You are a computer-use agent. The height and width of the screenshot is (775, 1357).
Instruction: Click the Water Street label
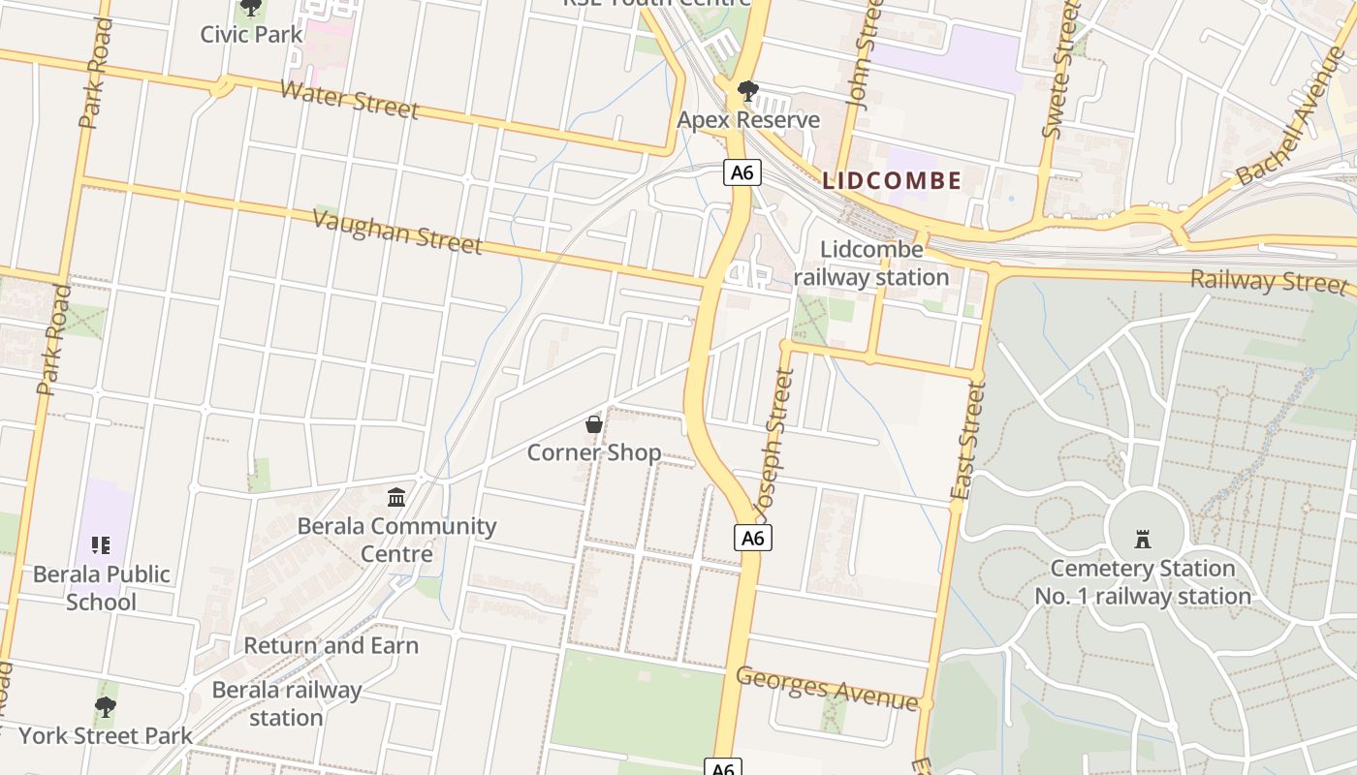(x=350, y=100)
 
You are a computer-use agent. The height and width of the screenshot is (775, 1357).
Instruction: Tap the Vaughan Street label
(x=397, y=232)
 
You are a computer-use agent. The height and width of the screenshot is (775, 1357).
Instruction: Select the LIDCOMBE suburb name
(x=892, y=180)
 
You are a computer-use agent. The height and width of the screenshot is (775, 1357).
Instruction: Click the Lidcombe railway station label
(x=871, y=263)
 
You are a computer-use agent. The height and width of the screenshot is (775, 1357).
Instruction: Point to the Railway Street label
(x=1268, y=281)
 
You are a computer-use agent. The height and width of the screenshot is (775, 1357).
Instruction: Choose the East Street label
(x=967, y=441)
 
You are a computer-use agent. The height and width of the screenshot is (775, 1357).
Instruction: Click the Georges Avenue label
(x=826, y=689)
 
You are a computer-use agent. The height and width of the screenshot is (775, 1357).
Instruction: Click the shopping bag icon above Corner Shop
(x=594, y=424)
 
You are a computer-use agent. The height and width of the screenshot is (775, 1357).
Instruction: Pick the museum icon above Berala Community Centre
(x=396, y=498)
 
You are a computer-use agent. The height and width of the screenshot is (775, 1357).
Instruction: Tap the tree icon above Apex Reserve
(x=747, y=92)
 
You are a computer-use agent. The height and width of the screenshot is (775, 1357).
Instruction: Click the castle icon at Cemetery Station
(x=1143, y=540)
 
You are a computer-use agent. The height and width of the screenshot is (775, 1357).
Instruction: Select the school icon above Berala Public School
(x=102, y=545)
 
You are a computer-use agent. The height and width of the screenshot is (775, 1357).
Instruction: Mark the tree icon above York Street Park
(x=106, y=707)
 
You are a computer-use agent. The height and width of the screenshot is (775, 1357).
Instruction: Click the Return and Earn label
(x=331, y=645)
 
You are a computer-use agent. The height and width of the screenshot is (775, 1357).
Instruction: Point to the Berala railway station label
(x=286, y=703)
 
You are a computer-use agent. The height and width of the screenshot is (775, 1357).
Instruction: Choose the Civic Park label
(x=251, y=34)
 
